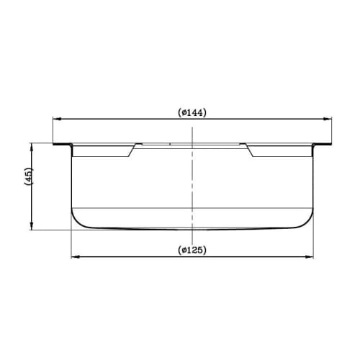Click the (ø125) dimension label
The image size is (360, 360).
[x=193, y=250]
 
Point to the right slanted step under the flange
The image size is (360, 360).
[x=253, y=150]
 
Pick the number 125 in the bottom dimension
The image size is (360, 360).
[x=197, y=250]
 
